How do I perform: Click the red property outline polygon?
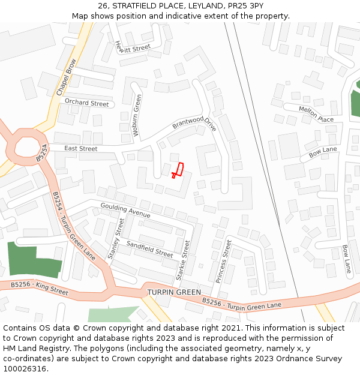[x=178, y=169]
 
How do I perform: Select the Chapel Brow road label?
[x=67, y=77]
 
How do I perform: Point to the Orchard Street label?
[x=87, y=103]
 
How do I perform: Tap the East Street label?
[x=80, y=148]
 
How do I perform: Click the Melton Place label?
[x=316, y=114]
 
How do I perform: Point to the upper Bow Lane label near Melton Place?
[x=323, y=152]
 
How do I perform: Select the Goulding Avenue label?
[x=125, y=210]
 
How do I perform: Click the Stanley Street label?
[x=116, y=238]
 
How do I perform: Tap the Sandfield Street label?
[x=149, y=249]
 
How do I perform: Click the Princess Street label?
[x=223, y=261]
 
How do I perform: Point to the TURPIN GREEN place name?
[x=174, y=292]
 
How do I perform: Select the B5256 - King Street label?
[x=40, y=288]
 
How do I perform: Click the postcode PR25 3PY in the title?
[x=247, y=5]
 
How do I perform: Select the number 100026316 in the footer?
[x=23, y=369]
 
